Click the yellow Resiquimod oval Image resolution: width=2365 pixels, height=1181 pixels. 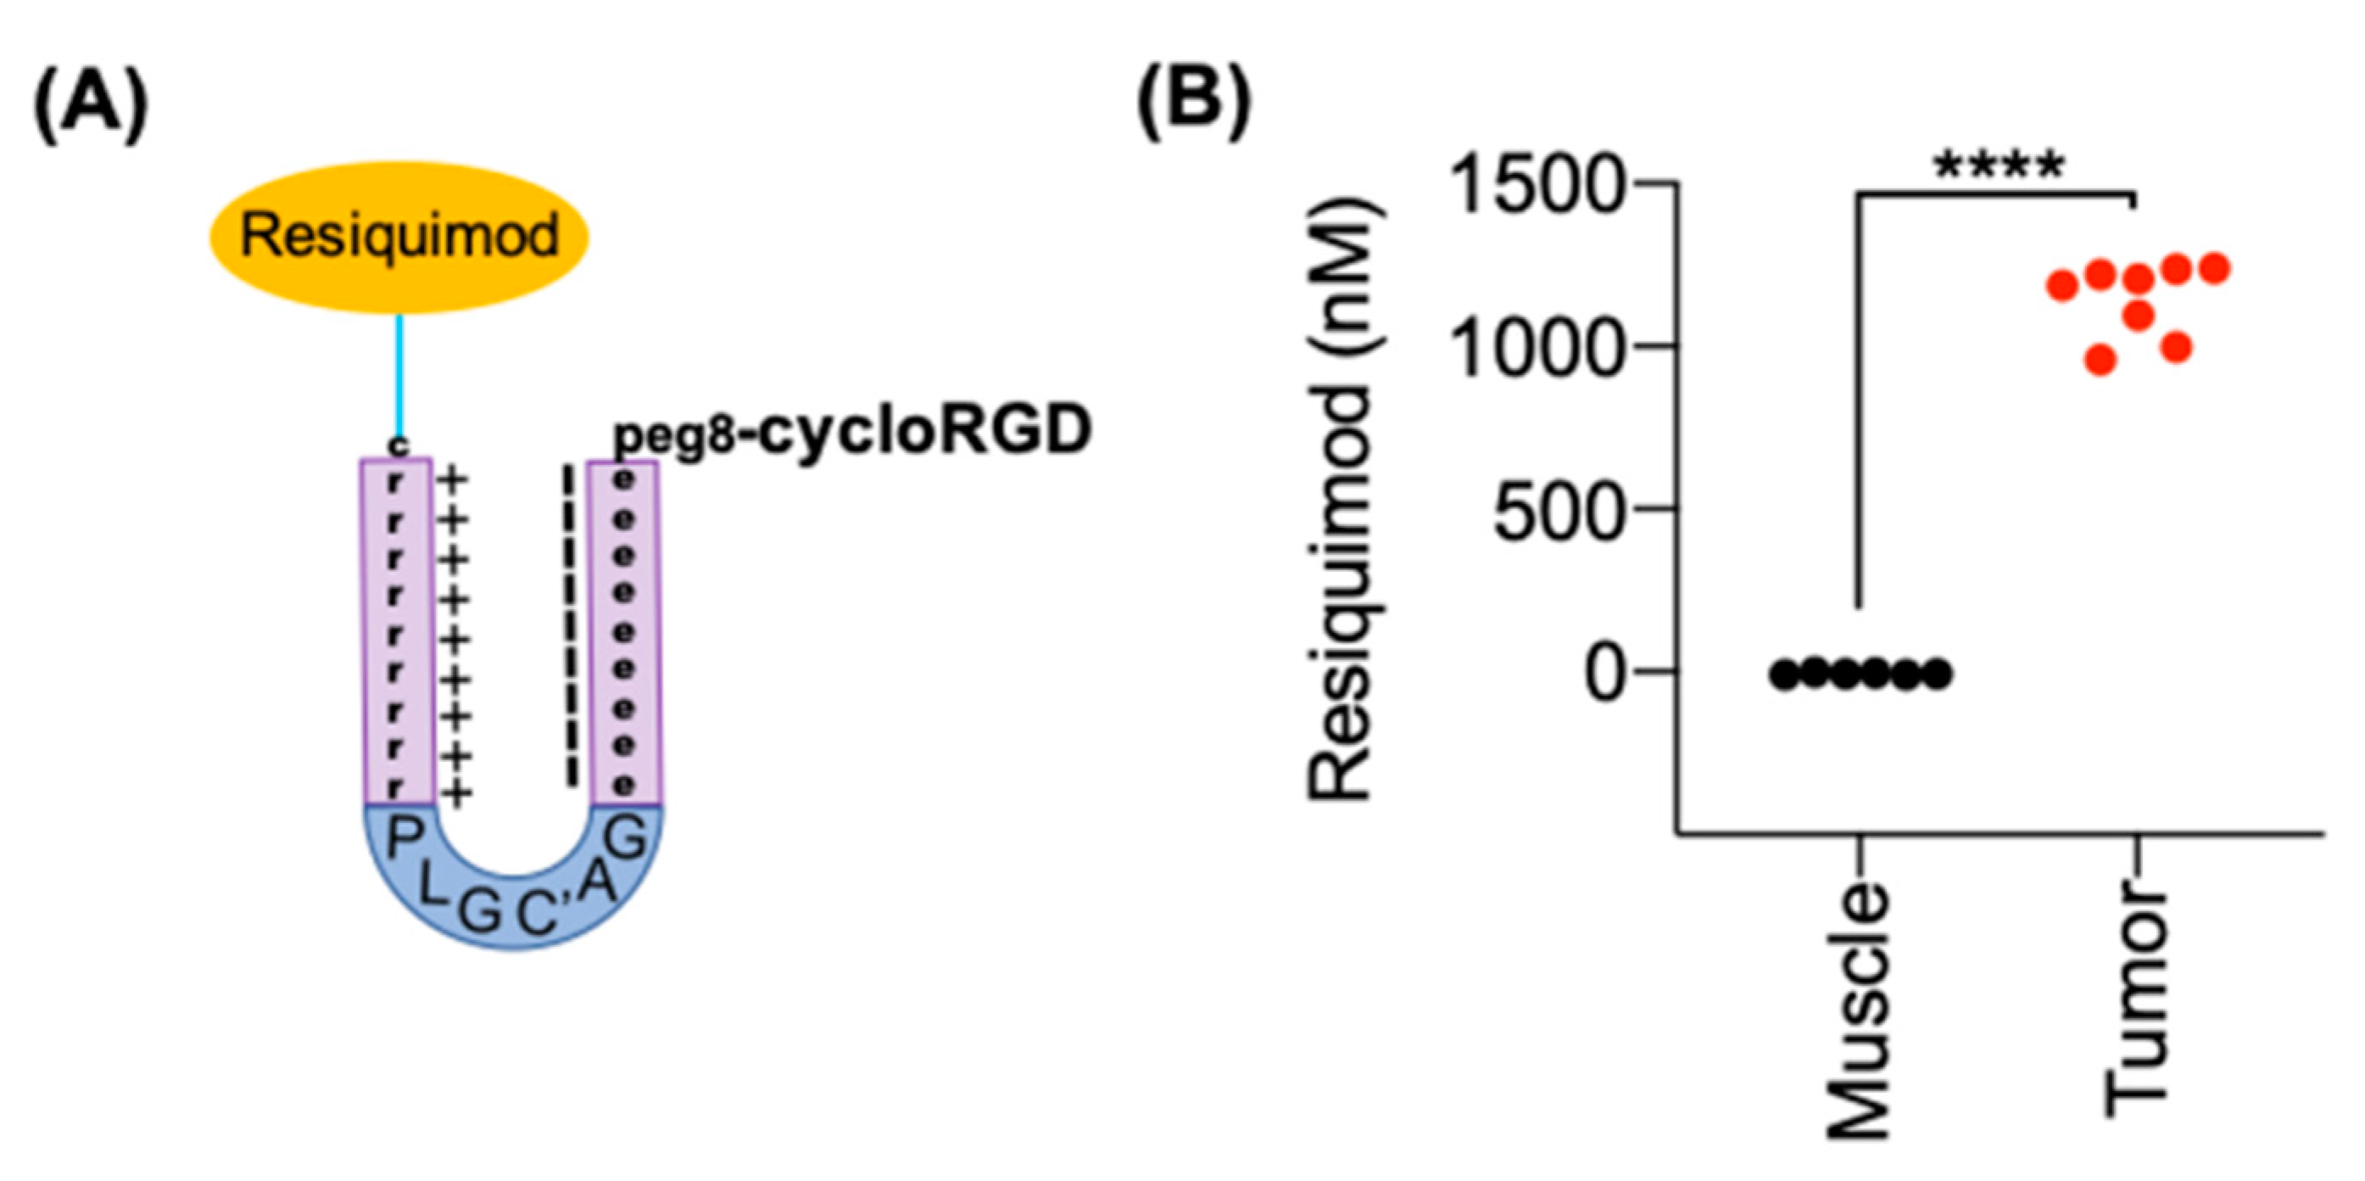[x=399, y=236]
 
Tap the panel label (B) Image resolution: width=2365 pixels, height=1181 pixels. [x=1193, y=103]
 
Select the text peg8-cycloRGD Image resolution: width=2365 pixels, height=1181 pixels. [x=852, y=432]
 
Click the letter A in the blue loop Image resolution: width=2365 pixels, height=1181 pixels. [x=598, y=882]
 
